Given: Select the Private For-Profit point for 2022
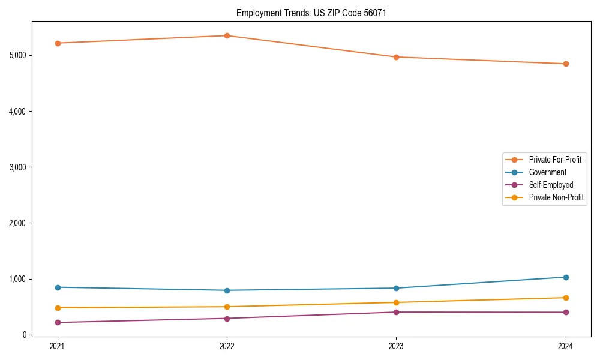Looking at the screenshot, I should coord(227,35).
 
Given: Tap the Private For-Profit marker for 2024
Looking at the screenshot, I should coord(566,64).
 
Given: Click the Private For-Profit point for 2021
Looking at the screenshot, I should coord(58,43).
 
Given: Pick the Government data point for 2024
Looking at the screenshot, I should coord(566,277).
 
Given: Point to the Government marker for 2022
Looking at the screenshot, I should coord(227,290).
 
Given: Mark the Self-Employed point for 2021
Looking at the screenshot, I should coord(58,322).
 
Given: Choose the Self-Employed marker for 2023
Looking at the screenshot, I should coord(396,312).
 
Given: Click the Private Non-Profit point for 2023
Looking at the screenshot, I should coord(396,302).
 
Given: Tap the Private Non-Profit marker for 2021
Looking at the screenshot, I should coord(58,308).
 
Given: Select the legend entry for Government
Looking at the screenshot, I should coord(547,172).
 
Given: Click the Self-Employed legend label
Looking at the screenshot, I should coord(551,185).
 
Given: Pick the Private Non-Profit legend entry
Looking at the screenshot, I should coord(556,197).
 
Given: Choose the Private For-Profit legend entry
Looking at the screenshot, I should coord(555,160).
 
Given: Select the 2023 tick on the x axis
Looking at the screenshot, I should coord(396,346).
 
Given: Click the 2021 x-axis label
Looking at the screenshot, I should coord(58,346).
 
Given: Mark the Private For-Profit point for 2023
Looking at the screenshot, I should coord(396,57).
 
